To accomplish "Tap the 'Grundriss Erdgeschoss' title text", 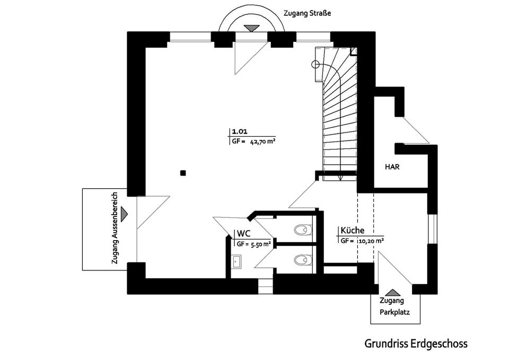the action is [416, 344].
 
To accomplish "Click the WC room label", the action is [243, 234].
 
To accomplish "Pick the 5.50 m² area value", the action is [261, 244].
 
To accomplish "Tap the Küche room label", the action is [352, 231].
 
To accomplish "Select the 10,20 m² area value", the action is [370, 240].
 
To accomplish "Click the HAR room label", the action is [392, 166].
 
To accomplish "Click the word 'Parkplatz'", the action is [394, 312].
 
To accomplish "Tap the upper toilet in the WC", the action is [302, 230].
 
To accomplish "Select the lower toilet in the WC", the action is [302, 260].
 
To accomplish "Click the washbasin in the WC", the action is [236, 260].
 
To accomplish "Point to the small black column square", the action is [183, 172].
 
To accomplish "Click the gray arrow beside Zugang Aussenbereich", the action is [124, 214].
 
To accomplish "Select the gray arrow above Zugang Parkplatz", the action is [393, 292].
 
